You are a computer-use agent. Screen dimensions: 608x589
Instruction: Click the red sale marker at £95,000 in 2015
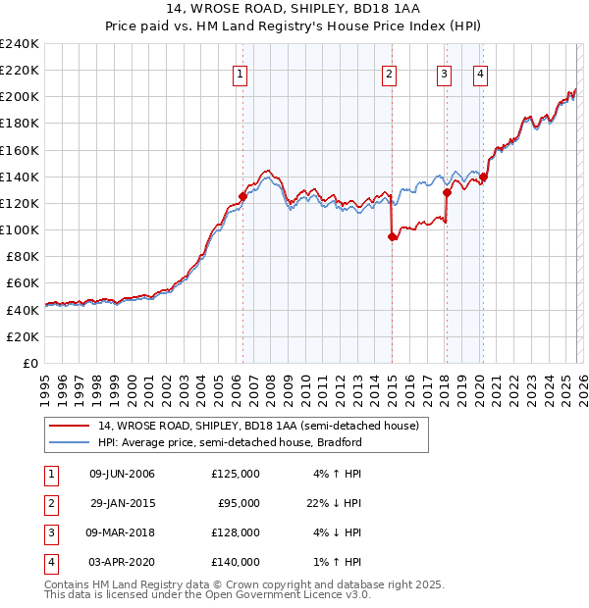[x=392, y=236]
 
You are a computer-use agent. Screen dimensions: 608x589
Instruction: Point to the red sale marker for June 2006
[x=242, y=196]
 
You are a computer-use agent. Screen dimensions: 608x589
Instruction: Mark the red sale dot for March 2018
[x=446, y=192]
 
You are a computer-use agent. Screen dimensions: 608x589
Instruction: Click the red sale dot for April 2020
[x=483, y=177]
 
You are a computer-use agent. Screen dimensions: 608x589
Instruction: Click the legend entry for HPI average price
[x=230, y=442]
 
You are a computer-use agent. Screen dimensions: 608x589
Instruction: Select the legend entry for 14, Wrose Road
[x=258, y=426]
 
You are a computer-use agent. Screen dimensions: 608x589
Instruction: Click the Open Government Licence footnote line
[x=207, y=594]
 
